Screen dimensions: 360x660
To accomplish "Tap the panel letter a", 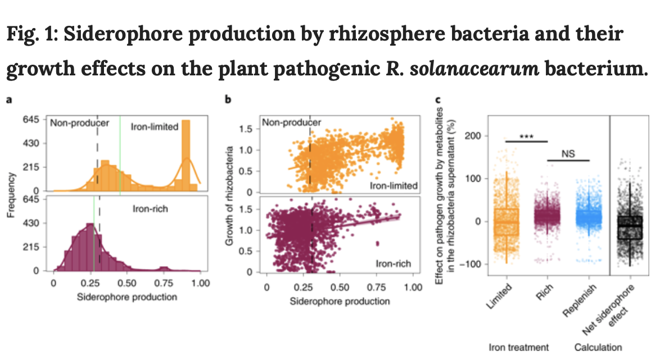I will tap(9, 100).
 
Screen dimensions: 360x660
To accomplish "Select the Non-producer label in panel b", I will tap(292, 123).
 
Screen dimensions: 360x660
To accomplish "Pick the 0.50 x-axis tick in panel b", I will tap(340, 287).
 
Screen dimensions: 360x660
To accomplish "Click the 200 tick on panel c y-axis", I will tap(472, 136).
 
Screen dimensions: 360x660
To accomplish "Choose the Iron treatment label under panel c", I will tap(518, 347).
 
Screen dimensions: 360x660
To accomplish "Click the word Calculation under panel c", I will tap(598, 347).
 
